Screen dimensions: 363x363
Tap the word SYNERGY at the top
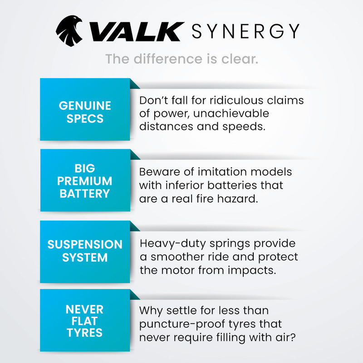(x=245, y=31)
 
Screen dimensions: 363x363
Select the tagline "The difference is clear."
(x=181, y=59)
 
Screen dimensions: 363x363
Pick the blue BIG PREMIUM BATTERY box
(x=85, y=181)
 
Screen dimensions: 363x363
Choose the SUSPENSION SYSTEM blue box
(x=85, y=251)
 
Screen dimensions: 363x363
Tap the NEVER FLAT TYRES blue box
(x=85, y=321)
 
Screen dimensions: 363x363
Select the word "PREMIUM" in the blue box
(x=85, y=181)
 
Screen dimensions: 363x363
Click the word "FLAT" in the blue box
(x=85, y=321)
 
